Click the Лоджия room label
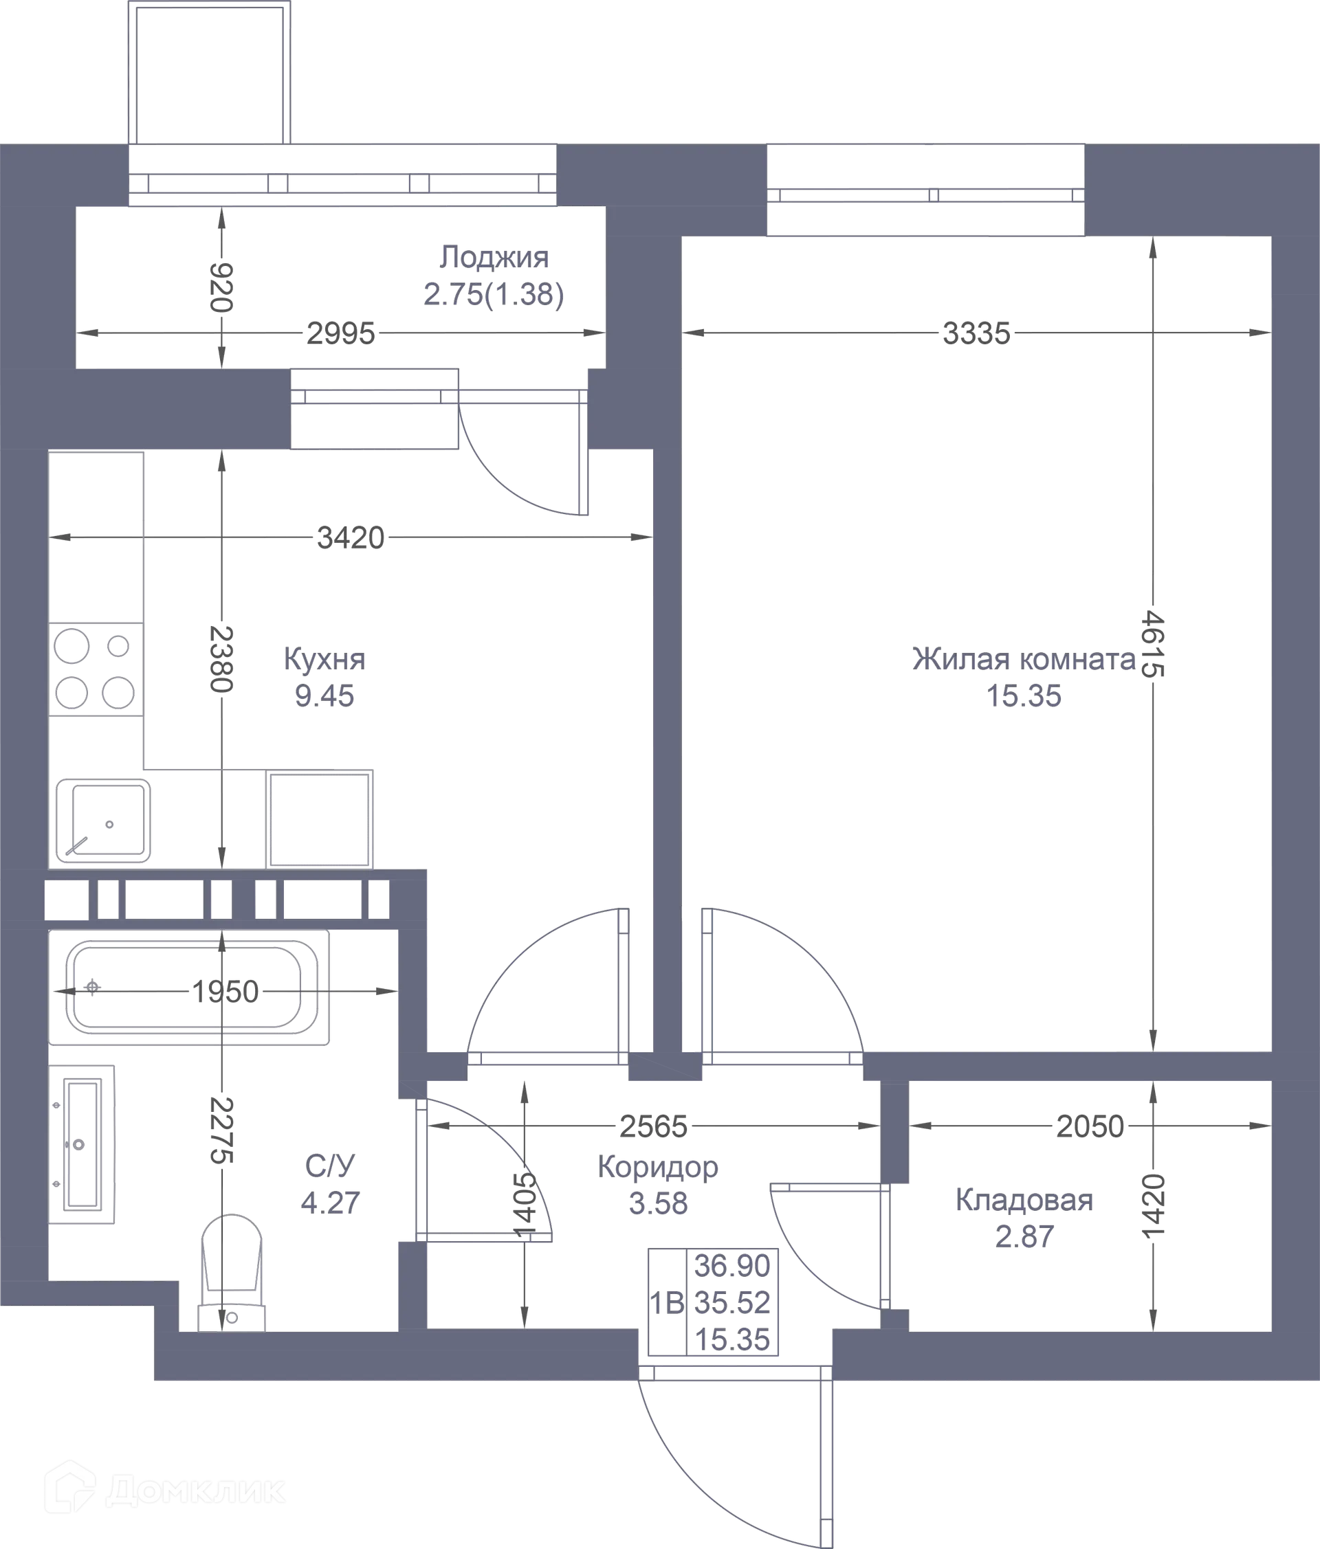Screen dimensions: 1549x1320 click(x=494, y=256)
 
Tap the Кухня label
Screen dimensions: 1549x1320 click(x=324, y=658)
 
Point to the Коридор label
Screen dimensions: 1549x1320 click(x=657, y=1168)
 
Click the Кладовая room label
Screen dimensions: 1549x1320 click(x=1022, y=1200)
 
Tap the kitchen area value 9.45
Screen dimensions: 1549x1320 click(x=324, y=696)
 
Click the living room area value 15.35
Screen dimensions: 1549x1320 click(x=1024, y=697)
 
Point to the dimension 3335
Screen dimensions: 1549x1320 click(x=976, y=333)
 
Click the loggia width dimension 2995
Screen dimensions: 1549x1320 click(x=342, y=333)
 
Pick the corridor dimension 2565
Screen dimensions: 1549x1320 click(x=653, y=1126)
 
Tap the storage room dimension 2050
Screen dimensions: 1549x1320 click(x=1090, y=1126)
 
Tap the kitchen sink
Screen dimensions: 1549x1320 click(x=104, y=820)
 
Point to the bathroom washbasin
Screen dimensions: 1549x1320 click(x=82, y=1144)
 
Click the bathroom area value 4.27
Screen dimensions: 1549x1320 click(x=329, y=1202)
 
